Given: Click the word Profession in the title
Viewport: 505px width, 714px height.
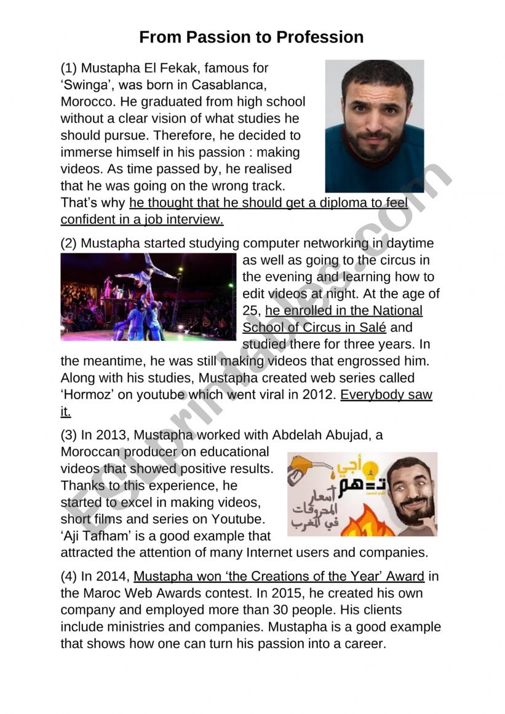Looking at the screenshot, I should click(320, 37).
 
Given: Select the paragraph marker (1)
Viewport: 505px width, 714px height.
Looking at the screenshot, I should click(69, 68).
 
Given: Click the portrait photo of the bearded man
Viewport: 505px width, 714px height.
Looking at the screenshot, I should click(374, 125).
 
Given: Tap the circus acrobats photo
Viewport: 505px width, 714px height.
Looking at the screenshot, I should click(148, 296).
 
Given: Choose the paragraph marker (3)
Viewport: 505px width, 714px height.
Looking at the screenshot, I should click(69, 435).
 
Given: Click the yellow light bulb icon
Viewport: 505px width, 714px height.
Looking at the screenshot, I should click(371, 470).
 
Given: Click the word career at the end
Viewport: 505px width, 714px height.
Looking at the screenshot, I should click(363, 644).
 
